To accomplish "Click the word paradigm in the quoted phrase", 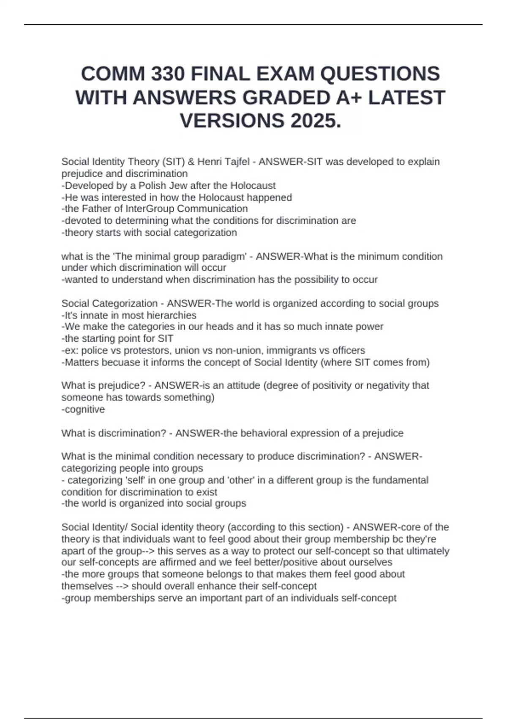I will click(226, 257).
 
